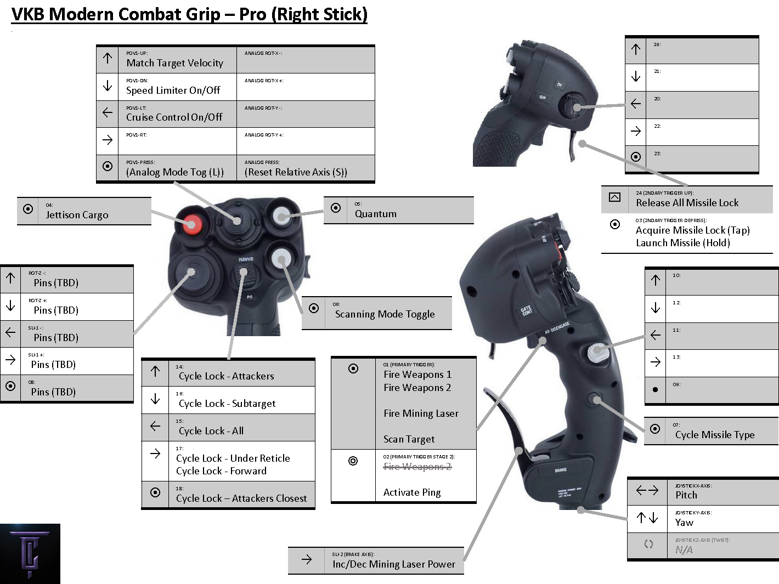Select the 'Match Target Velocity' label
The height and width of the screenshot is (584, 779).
174,63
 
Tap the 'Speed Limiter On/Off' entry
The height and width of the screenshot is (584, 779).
173,90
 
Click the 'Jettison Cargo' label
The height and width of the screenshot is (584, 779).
77,215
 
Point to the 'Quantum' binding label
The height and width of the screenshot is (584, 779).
375,214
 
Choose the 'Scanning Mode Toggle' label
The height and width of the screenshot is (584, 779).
385,314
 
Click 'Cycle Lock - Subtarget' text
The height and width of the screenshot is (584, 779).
227,404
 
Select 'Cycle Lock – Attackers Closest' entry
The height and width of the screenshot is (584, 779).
241,498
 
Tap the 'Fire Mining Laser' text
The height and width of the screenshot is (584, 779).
421,413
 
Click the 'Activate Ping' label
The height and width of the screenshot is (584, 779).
412,492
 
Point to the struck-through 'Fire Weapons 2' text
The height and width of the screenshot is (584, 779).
417,467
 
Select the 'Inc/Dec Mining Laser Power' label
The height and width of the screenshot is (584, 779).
393,564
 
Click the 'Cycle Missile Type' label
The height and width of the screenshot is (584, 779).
715,435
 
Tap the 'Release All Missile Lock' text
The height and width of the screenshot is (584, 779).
687,203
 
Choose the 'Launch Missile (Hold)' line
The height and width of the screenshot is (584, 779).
682,243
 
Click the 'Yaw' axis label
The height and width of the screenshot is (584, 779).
684,523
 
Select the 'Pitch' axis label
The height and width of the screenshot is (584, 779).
686,495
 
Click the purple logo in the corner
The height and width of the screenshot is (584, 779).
30,554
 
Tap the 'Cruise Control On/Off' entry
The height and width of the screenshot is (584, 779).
174,117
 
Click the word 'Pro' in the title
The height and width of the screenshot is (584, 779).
252,14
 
